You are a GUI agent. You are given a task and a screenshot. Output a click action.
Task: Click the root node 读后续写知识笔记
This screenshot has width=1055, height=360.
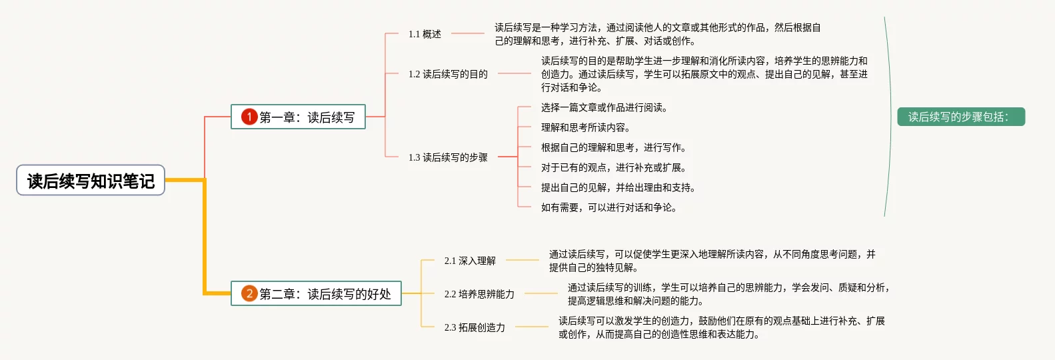[x=91, y=181]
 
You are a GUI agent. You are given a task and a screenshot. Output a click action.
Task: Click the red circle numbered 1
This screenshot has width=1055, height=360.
[x=249, y=117]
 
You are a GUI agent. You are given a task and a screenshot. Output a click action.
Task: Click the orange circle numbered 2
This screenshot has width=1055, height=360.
[x=249, y=294]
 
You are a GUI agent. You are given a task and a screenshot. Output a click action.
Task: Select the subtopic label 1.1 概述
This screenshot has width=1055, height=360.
[x=425, y=34]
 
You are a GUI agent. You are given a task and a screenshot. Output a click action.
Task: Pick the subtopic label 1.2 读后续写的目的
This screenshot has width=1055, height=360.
[x=448, y=74]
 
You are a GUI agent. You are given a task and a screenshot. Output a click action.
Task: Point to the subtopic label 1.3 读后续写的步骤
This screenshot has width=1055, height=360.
[x=448, y=157]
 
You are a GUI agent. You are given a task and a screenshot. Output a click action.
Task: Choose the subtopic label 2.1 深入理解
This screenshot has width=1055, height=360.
[x=470, y=261]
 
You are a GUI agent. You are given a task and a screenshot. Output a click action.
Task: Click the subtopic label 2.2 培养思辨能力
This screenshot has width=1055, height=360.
[x=479, y=294]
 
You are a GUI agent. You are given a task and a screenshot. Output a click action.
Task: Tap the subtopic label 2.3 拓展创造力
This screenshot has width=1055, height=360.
[x=475, y=327]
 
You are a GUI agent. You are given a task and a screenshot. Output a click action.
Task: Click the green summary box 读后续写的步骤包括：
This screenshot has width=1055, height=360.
[x=960, y=117]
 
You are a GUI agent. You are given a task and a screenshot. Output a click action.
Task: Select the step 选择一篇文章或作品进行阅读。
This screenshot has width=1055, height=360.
[x=604, y=107]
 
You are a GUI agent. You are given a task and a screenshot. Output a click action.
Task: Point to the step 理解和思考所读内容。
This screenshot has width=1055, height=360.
[x=585, y=127]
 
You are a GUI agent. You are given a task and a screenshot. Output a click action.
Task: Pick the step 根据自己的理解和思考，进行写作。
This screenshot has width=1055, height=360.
[x=614, y=147]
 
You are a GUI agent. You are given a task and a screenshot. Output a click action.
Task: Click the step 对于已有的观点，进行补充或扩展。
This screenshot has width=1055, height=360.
[x=614, y=167]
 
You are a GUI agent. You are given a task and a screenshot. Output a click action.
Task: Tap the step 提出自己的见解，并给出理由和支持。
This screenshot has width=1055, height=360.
[x=618, y=187]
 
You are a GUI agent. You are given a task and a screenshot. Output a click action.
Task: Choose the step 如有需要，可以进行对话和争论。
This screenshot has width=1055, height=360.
[x=609, y=207]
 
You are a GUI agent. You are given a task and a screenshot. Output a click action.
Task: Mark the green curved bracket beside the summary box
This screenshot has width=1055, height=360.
[x=890, y=117]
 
